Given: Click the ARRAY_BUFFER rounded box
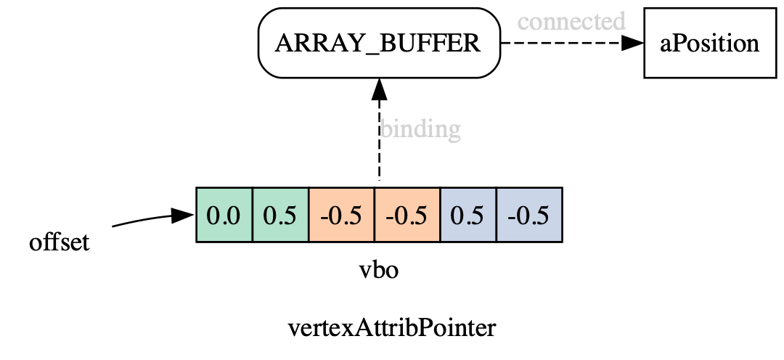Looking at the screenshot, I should click(x=379, y=43).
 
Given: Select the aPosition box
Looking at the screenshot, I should click(x=709, y=44).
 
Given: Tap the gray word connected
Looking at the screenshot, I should click(x=571, y=21).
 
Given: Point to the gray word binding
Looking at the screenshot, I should click(x=420, y=129).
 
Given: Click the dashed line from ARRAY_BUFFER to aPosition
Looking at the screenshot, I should click(x=559, y=43).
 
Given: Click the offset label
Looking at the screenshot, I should click(x=60, y=242).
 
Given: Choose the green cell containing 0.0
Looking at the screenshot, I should click(x=224, y=215).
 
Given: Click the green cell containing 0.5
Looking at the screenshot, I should click(x=280, y=215).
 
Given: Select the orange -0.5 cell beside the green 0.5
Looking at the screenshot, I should click(x=341, y=215).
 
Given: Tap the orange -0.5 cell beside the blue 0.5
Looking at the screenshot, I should click(x=407, y=215).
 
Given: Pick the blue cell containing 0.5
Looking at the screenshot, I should click(x=467, y=215).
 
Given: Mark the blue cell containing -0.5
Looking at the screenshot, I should click(x=528, y=215).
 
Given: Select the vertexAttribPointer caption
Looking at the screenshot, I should click(x=392, y=328).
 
